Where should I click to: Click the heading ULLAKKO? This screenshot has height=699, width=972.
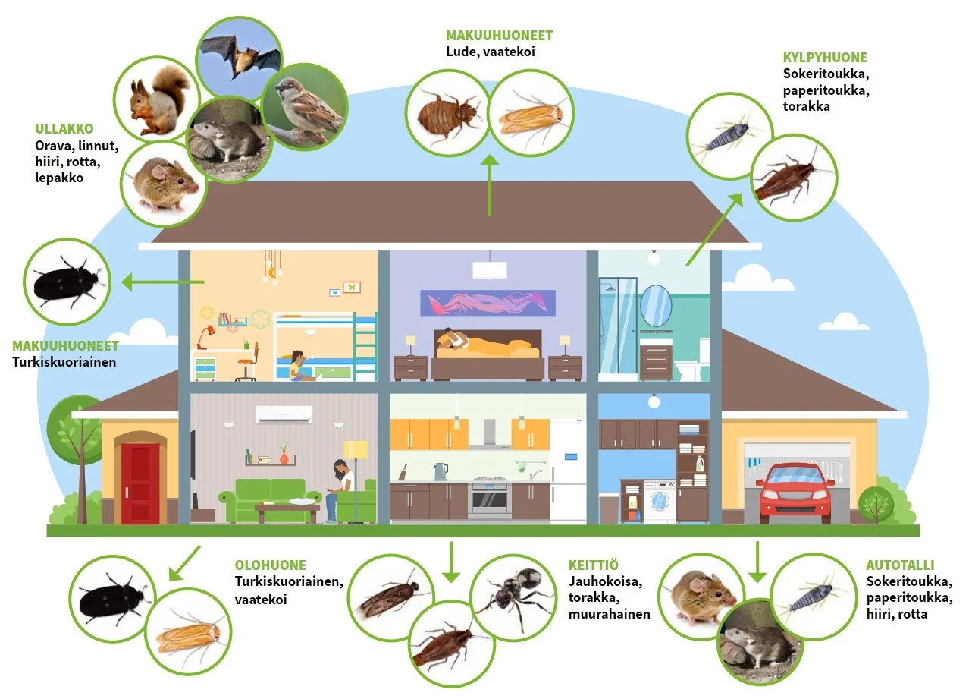click(x=64, y=129)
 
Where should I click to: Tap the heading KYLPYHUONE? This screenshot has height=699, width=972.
click(x=825, y=58)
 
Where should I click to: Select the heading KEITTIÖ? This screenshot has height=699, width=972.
click(x=594, y=565)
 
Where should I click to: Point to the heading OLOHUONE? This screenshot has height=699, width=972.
click(x=271, y=565)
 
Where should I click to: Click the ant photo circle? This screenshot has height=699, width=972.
click(x=514, y=595)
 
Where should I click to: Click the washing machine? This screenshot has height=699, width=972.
click(x=660, y=501)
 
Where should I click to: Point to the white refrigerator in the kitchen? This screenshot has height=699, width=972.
click(x=568, y=471)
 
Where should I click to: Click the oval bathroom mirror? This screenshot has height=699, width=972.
click(x=656, y=304)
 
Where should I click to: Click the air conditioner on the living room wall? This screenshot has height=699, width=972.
click(x=284, y=414)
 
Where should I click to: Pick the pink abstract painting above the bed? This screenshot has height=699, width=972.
click(x=488, y=304)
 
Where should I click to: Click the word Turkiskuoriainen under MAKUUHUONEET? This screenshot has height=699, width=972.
click(x=64, y=362)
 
